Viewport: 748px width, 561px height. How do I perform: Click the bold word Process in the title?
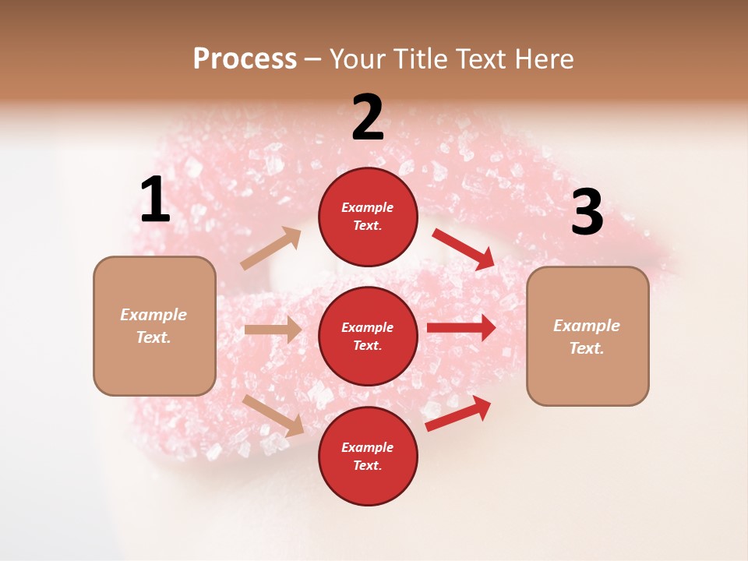245,58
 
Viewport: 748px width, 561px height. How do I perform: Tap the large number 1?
155,199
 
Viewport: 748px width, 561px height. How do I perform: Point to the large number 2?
368,118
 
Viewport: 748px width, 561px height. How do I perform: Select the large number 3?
587,212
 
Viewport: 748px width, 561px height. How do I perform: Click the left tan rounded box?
154,326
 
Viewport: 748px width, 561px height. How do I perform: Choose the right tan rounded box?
587,336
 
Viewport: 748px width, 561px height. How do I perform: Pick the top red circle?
368,217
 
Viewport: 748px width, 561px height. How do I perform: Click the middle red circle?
368,336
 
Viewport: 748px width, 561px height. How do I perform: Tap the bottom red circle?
368,456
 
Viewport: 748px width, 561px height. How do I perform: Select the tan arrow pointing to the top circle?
271,249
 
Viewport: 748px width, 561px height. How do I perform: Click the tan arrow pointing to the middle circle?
273,330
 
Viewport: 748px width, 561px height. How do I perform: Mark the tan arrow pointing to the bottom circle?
273,415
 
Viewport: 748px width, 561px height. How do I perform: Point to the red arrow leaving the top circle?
464,249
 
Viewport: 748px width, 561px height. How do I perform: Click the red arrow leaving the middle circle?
461,327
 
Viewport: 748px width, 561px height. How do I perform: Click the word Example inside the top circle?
368,208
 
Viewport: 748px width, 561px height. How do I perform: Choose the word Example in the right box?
587,326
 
